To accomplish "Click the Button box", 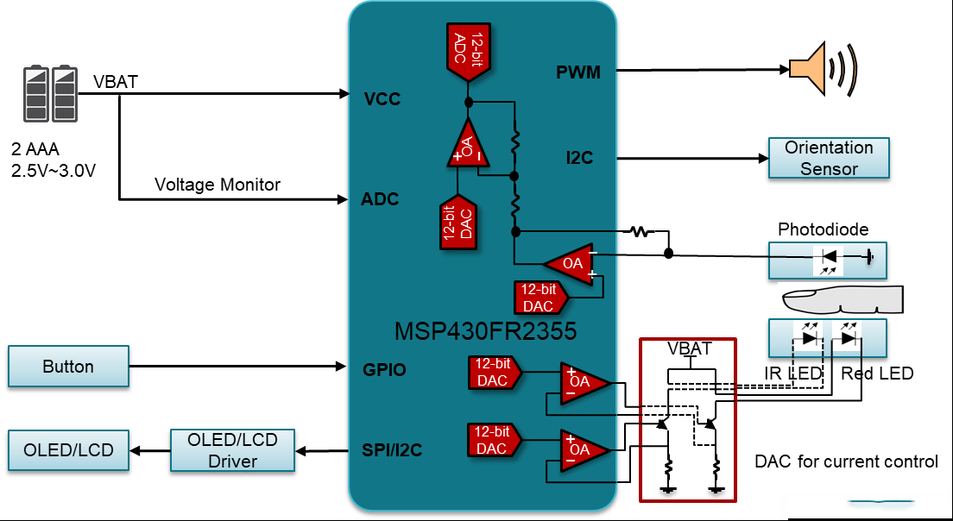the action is (x=69, y=366).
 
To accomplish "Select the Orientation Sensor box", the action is (x=829, y=158).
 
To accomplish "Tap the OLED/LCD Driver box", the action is (x=232, y=450).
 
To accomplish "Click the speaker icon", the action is (x=823, y=69).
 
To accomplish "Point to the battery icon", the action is (x=51, y=93).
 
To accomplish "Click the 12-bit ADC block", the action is (x=469, y=53).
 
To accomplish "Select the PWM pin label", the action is (x=578, y=72).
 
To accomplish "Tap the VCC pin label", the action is (x=382, y=99).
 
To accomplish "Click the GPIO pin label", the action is (x=384, y=370).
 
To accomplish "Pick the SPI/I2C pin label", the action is (x=392, y=450).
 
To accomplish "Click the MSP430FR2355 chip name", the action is (x=485, y=331).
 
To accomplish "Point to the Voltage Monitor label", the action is (x=218, y=185).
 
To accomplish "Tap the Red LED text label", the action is (x=877, y=373).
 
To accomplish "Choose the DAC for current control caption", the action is (x=847, y=461).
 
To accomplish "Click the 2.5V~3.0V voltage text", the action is (x=54, y=171).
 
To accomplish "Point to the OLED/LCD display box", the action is (x=69, y=450).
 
